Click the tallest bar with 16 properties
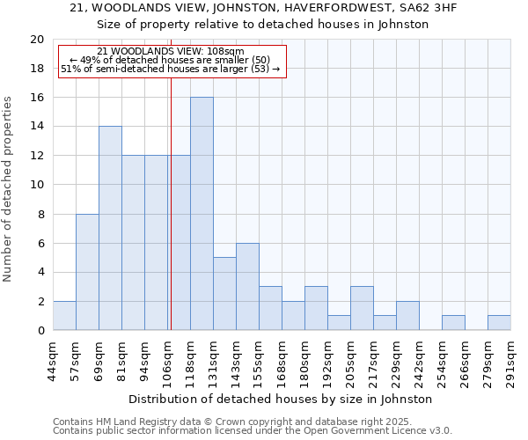(x=202, y=214)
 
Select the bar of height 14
(x=110, y=228)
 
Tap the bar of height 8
(x=87, y=272)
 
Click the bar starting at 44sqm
(x=64, y=316)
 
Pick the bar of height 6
(x=247, y=287)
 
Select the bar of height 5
(x=224, y=294)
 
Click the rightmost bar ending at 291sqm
(x=499, y=323)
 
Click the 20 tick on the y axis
(x=37, y=40)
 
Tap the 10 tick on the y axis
(x=37, y=185)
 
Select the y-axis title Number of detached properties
(x=9, y=188)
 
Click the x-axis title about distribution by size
(x=287, y=399)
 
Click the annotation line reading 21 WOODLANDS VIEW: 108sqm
(x=171, y=52)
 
